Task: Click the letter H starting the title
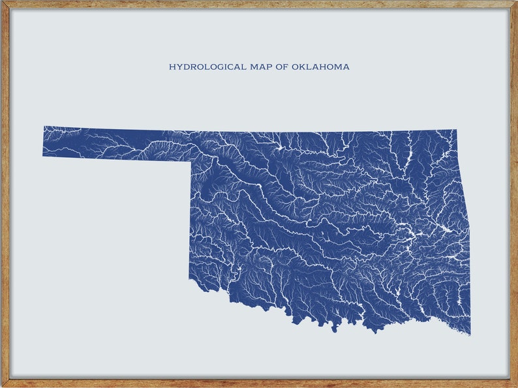tap(172, 67)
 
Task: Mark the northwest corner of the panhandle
tap(44, 127)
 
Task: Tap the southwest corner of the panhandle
tap(43, 156)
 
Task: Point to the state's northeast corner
tap(456, 130)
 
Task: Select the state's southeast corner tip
tap(470, 335)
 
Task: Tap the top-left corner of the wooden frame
tap(2, 2)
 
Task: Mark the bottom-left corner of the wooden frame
tap(2, 385)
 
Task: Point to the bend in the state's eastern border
tap(461, 176)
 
